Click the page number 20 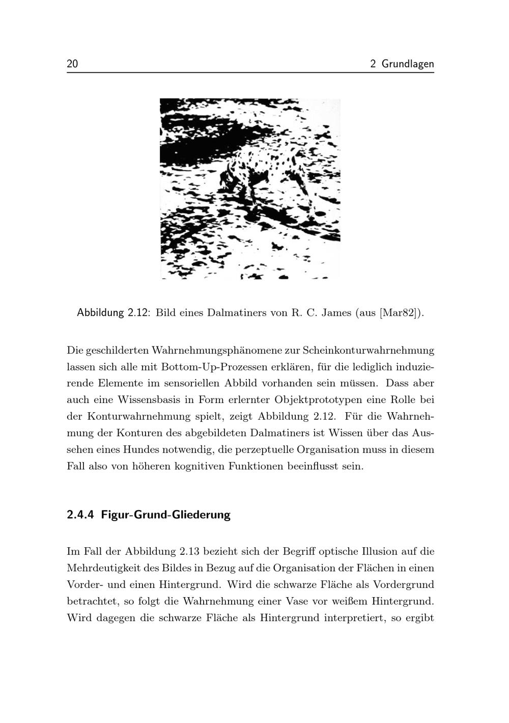pyautogui.click(x=72, y=64)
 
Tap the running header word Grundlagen pyautogui.click(x=408, y=64)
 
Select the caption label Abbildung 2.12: pyautogui.click(x=113, y=312)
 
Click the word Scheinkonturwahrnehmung pyautogui.click(x=369, y=350)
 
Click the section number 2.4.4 pyautogui.click(x=80, y=515)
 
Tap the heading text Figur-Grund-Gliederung pyautogui.click(x=165, y=515)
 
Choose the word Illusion pyautogui.click(x=380, y=551)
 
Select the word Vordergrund pyautogui.click(x=404, y=584)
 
